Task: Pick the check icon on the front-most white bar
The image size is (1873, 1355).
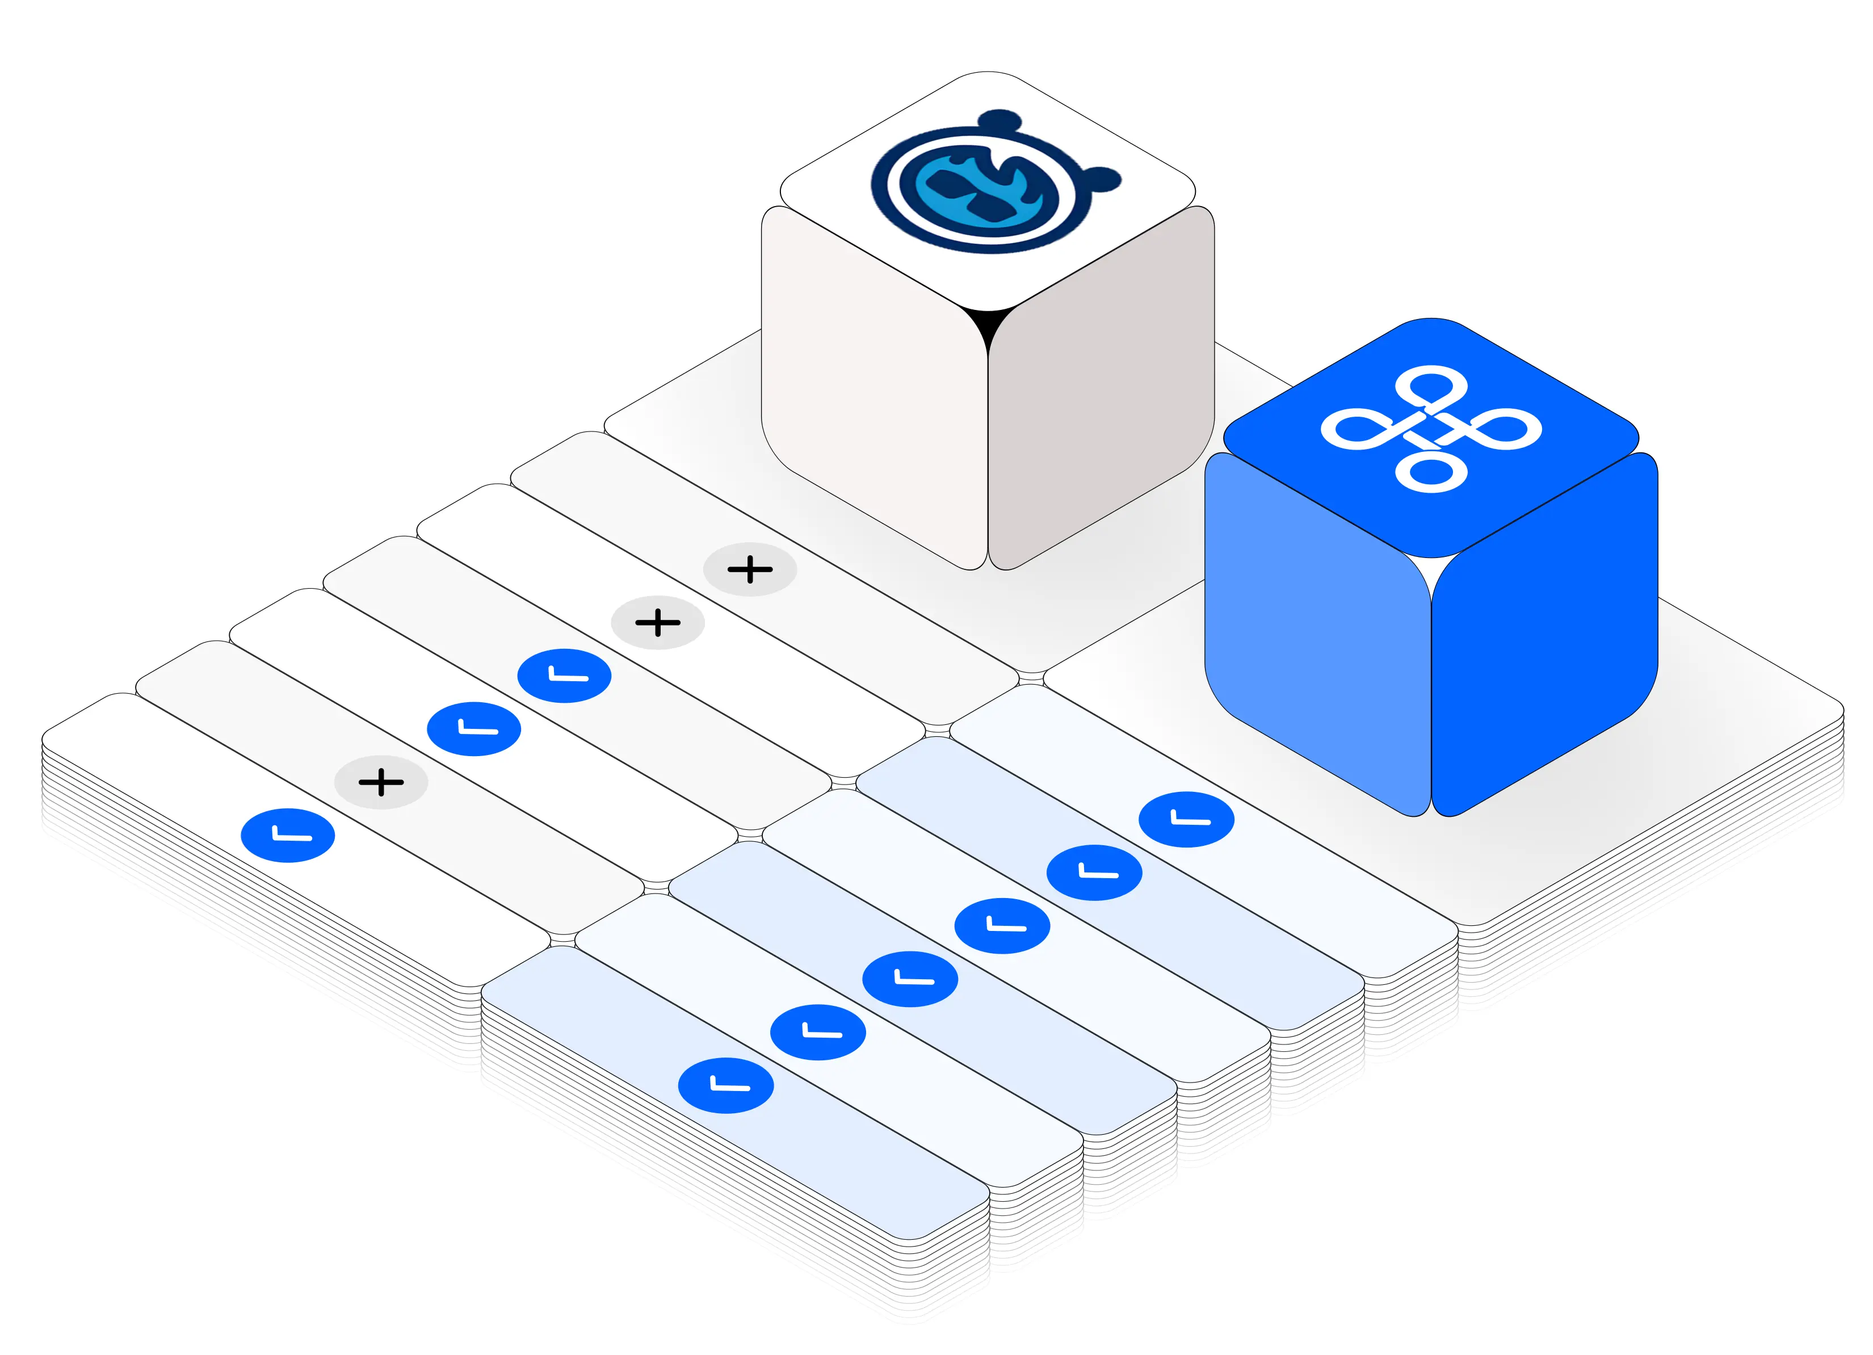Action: [x=287, y=836]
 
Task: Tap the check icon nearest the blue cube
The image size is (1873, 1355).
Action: [x=1186, y=819]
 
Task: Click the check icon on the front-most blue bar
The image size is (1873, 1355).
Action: [x=725, y=1085]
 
